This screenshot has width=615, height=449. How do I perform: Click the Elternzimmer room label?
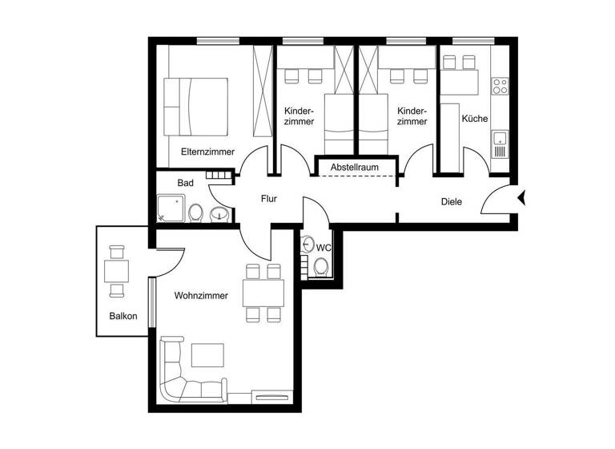pos(207,151)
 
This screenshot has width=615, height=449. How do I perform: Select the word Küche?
pos(474,119)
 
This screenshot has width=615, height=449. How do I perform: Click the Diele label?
pos(451,201)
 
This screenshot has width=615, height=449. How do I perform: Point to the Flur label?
pos(269,199)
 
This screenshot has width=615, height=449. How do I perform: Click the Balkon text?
pos(123,316)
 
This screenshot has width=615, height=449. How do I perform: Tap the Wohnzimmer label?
pos(201,296)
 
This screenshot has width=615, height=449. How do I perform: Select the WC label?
pos(324,247)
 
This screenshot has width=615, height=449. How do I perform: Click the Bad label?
pos(185,183)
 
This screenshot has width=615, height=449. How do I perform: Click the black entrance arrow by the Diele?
pos(521,197)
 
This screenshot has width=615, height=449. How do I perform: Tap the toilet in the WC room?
pos(321,265)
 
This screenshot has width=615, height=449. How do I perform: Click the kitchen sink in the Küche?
pos(500,144)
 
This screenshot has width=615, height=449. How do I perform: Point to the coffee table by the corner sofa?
pos(207,355)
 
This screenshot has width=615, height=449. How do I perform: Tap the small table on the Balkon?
pos(116,270)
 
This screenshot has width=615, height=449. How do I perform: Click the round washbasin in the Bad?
pos(219,213)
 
